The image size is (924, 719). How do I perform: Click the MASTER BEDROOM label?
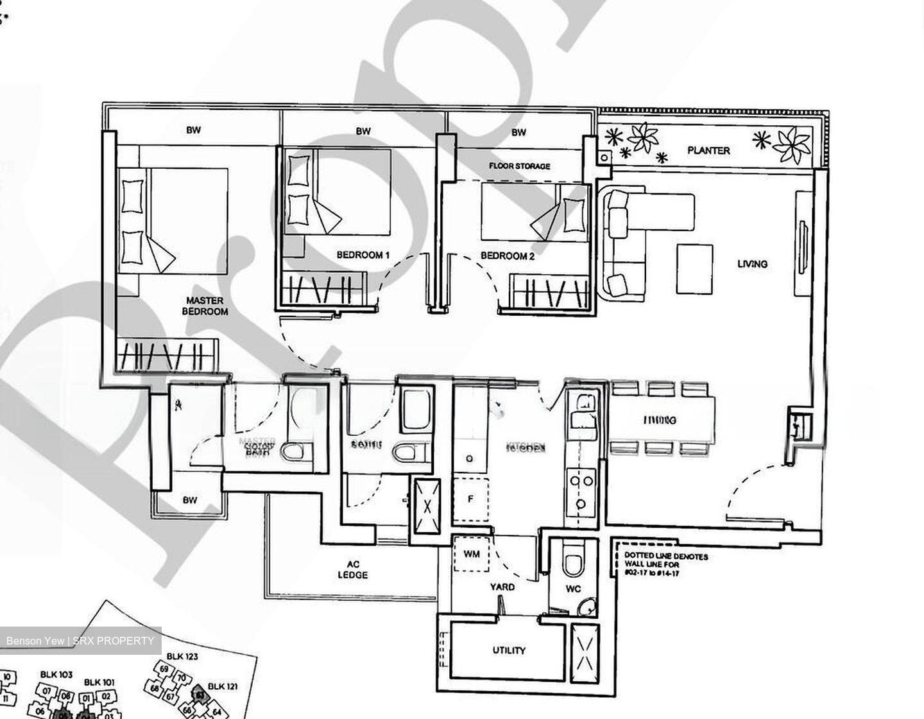(205, 306)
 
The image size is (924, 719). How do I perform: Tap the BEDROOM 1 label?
(363, 256)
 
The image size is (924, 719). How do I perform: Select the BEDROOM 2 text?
(508, 256)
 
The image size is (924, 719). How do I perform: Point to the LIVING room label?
(752, 263)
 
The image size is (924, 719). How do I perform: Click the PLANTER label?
(708, 150)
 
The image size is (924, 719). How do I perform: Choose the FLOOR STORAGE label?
(519, 166)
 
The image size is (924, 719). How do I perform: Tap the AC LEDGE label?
(353, 569)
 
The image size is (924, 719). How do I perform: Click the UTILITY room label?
(509, 650)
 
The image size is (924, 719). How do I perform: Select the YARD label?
(502, 587)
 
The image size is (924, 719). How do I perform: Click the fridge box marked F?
(471, 499)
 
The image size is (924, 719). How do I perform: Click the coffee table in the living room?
(695, 268)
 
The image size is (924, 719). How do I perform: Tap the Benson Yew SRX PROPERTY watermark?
(80, 641)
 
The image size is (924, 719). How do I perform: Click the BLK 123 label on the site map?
(182, 656)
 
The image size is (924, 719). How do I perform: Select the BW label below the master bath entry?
(189, 500)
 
